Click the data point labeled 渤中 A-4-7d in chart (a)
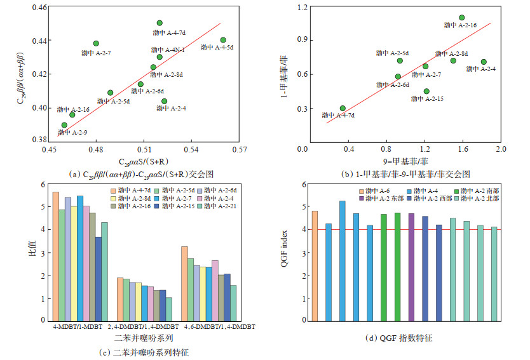point(160,23)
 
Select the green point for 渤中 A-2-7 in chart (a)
point(96,44)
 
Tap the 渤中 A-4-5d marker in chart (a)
point(223,40)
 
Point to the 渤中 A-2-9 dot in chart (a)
point(64,125)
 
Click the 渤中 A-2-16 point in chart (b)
point(461,18)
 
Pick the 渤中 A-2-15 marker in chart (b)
point(426,91)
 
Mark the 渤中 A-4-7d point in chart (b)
point(343,109)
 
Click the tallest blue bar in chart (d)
point(342,260)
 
